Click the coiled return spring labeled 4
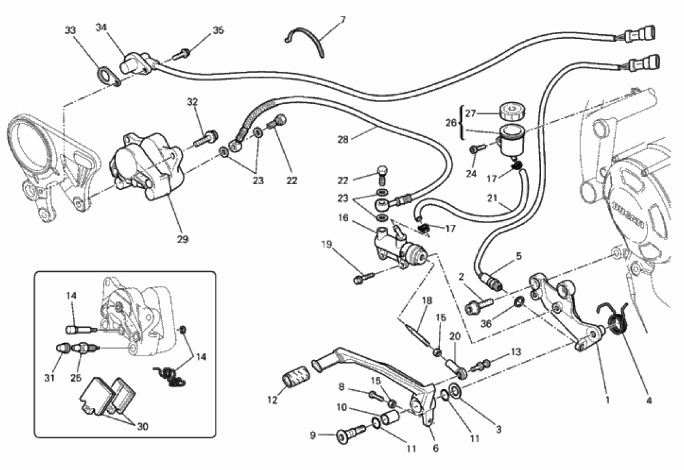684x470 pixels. point(617,320)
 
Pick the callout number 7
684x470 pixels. point(343,19)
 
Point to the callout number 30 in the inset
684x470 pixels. point(142,427)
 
